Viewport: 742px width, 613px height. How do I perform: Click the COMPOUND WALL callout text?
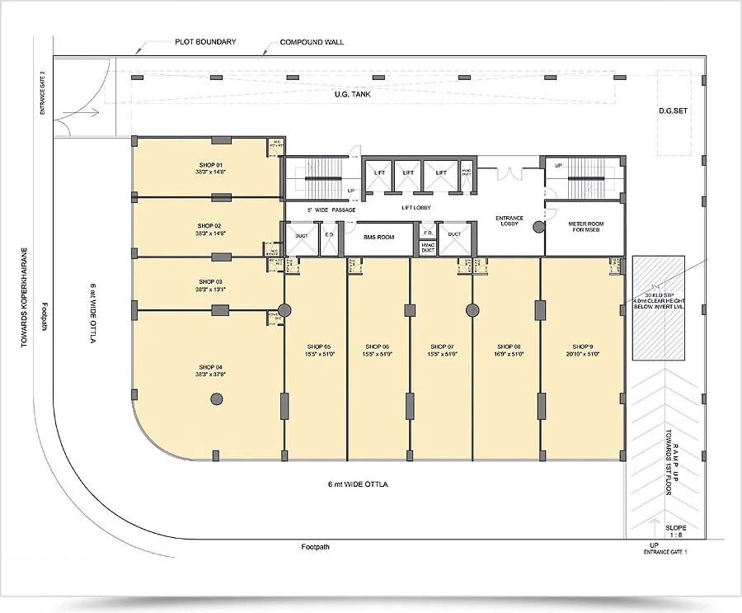click(x=312, y=42)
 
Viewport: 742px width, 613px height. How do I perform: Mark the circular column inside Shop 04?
click(x=217, y=399)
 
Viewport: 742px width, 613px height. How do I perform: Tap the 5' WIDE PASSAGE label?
click(x=331, y=210)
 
